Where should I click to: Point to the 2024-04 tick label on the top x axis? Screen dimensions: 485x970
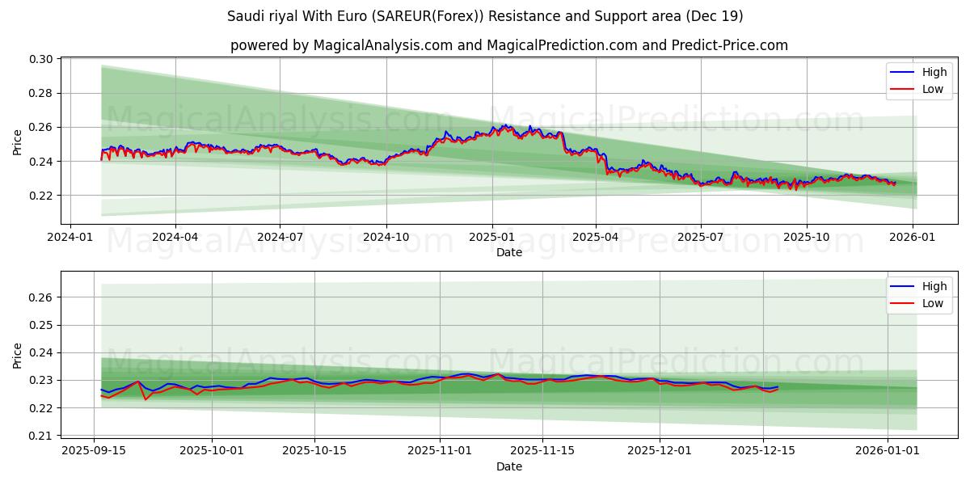pos(175,238)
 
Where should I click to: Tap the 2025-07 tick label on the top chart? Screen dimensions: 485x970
pos(700,238)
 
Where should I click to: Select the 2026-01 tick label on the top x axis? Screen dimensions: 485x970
pos(913,238)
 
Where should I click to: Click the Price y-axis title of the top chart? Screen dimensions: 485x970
pos(18,142)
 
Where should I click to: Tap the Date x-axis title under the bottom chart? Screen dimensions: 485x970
pos(509,466)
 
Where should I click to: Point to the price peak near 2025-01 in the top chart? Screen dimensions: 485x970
pos(505,125)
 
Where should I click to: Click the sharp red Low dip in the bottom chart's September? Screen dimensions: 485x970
pos(146,399)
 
